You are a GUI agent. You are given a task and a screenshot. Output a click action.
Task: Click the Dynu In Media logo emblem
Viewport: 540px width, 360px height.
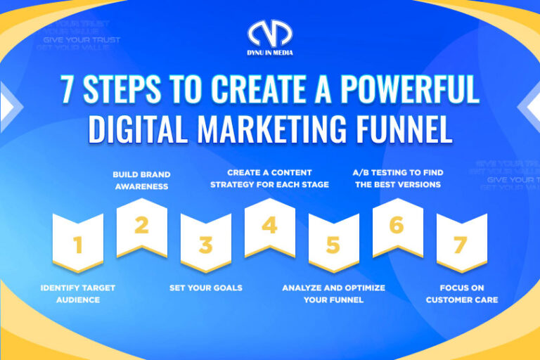270,34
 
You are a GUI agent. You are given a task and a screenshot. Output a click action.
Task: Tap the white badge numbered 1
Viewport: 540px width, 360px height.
78,243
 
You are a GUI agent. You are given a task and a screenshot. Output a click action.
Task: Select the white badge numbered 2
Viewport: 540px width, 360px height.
141,226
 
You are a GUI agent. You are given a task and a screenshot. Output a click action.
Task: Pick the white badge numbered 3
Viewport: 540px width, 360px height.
205,243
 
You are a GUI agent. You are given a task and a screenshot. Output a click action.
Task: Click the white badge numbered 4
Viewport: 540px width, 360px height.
269,226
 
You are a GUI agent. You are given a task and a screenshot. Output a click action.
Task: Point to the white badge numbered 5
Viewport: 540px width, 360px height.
333,243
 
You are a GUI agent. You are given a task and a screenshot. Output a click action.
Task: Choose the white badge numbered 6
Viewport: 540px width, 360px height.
397,226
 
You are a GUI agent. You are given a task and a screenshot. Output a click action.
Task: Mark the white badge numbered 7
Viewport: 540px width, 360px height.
461,243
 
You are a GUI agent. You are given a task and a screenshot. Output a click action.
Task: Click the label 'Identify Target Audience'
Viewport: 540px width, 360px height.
77,294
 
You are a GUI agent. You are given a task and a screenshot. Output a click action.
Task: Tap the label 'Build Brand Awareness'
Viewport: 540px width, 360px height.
141,180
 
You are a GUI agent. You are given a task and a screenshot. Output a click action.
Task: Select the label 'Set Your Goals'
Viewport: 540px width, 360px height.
205,288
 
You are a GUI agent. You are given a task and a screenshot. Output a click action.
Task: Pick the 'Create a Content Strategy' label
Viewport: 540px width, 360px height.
269,179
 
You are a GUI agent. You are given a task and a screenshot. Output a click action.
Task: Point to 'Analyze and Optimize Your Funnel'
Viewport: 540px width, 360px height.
333,294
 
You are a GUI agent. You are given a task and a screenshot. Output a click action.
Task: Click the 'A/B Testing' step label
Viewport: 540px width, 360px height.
397,179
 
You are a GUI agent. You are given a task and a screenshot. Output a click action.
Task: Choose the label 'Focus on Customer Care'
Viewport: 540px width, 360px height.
461,294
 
